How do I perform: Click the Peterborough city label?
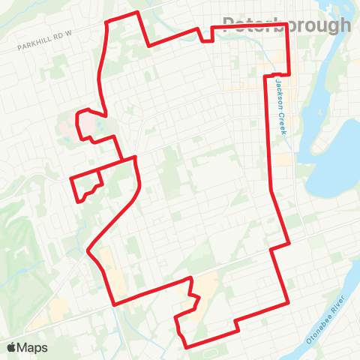[x=286, y=25]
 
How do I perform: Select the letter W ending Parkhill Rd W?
[x=73, y=34]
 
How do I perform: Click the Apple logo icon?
[x=12, y=347]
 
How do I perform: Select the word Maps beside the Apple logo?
[x=33, y=347]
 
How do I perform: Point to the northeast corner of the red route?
[x=289, y=28]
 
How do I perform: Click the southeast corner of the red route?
[x=289, y=303]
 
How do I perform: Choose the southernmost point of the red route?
[x=185, y=346]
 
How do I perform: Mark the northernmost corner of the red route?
[x=137, y=13]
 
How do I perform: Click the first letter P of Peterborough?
[x=229, y=25]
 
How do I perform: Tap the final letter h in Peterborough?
[x=344, y=25]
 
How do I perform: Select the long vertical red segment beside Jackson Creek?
[x=270, y=135]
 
